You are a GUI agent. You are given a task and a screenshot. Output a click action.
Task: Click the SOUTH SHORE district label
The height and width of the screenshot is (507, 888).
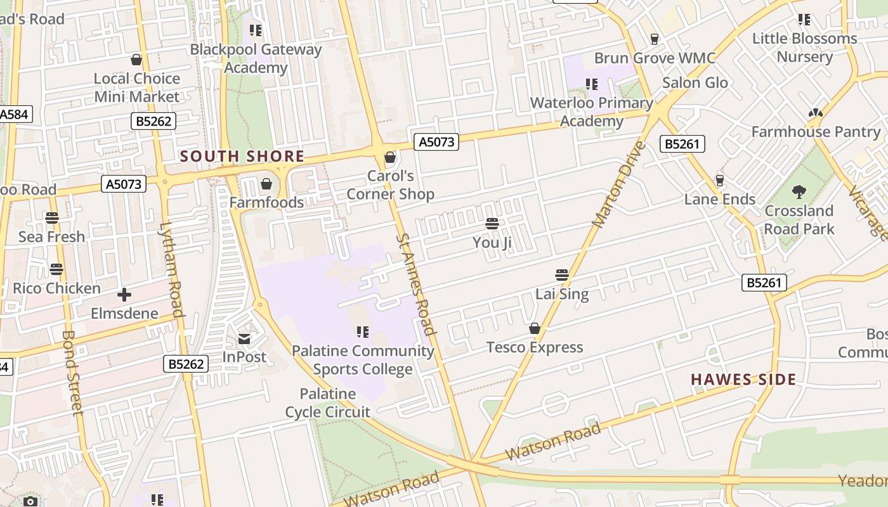coord(242,156)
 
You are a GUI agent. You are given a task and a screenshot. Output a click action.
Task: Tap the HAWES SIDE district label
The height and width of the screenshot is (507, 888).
coord(743,380)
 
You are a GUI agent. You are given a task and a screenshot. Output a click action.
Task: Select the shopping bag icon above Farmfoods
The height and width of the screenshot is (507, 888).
coord(266,184)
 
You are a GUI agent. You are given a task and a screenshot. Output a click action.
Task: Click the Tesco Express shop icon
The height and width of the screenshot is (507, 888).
coord(535,328)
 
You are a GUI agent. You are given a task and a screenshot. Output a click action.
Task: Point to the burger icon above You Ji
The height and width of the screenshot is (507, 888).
coord(492,224)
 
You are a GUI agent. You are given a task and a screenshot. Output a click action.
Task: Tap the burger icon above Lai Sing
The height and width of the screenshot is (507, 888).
coord(561,275)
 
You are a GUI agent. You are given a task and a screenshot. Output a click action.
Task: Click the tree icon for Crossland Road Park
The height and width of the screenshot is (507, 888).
coord(799,191)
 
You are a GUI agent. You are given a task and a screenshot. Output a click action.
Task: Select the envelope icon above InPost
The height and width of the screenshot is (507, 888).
coord(244,339)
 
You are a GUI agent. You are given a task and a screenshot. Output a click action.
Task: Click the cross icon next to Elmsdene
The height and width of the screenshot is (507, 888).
coord(124,295)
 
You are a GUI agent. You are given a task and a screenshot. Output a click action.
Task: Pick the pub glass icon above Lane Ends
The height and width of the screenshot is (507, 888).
coord(719,181)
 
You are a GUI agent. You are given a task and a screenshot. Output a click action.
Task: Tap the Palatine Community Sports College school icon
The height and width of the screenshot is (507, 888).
coord(362,332)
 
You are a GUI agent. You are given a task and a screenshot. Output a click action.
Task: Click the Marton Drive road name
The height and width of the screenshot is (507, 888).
coord(618,184)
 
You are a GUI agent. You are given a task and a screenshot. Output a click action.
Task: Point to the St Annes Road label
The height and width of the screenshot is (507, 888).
coord(416,284)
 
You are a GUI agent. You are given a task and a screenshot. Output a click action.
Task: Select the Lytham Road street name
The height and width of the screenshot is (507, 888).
coord(171,269)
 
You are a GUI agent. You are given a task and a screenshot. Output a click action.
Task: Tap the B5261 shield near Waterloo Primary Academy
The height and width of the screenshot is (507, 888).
coord(682,144)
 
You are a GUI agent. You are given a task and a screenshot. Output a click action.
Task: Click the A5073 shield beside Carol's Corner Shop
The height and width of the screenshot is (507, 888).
coord(436,142)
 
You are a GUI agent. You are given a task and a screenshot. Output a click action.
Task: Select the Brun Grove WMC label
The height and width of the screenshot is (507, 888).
coord(655,58)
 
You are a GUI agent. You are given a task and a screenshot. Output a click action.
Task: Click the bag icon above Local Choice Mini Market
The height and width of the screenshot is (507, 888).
coord(136,60)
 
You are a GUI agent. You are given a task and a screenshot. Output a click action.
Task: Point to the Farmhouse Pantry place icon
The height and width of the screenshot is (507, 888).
coord(815,113)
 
